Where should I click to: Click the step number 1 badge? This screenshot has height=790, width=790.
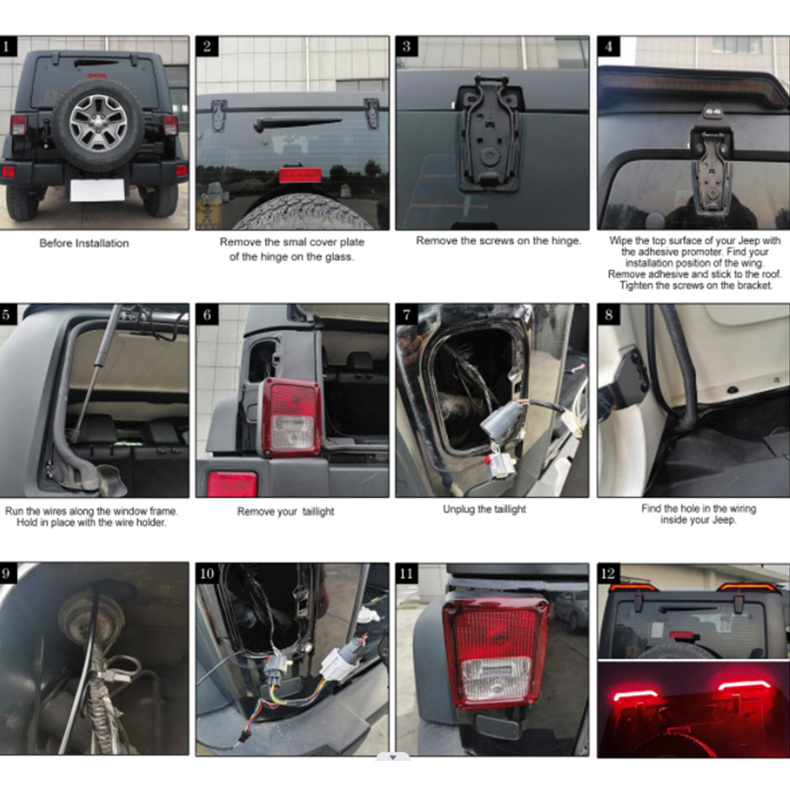pos(7,46)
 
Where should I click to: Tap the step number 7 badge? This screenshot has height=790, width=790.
pos(407,314)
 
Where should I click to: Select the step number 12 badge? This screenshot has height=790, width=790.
pos(608,574)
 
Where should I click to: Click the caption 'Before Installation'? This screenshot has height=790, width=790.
pos(84,243)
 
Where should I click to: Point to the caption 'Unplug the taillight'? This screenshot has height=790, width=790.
pos(484,509)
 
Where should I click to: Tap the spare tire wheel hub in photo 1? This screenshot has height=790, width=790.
pos(98,123)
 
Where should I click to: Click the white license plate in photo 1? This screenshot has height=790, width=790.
pos(97,190)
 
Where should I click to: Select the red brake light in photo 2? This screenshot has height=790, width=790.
pos(300,175)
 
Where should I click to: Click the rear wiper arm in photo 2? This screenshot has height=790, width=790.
pos(296,124)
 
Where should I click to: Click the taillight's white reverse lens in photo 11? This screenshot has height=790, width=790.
pos(496,678)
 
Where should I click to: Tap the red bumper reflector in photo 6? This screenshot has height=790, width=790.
pos(232,484)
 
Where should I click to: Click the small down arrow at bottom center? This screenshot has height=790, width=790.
pos(393,757)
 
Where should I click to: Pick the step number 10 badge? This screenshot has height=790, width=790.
pos(207,574)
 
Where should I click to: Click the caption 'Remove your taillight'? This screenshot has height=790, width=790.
pos(285,511)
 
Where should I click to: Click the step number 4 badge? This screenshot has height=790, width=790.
pos(608,46)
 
